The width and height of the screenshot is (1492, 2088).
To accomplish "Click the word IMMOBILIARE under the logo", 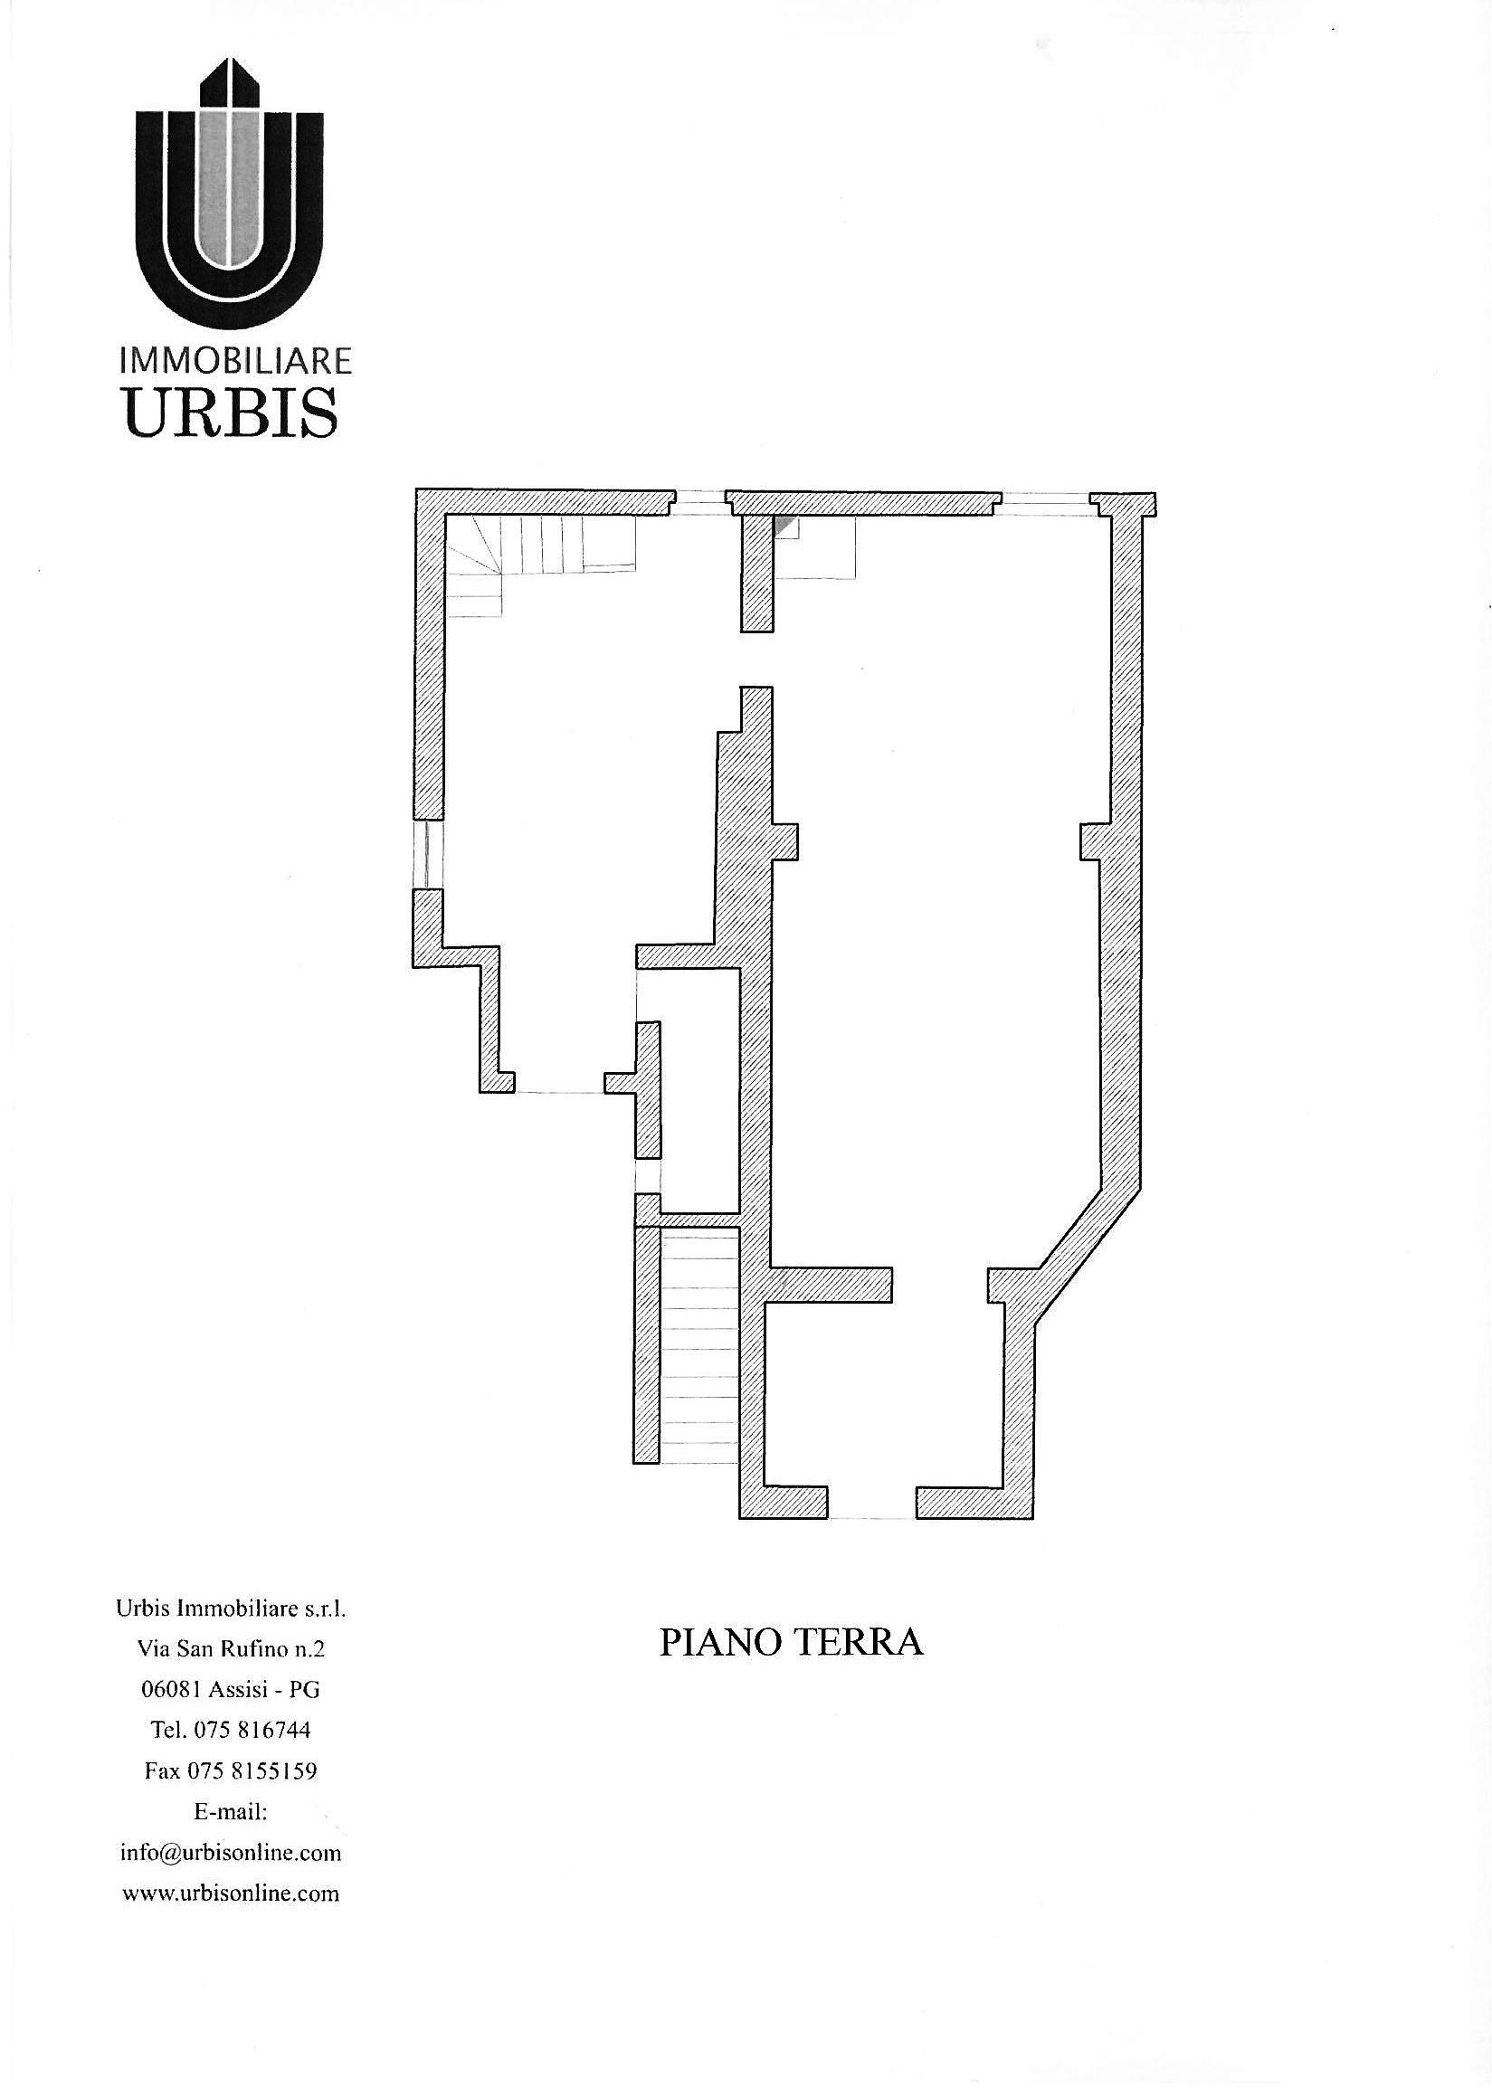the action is click(x=236, y=361).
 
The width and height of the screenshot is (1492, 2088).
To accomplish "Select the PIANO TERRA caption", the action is click(x=791, y=1643).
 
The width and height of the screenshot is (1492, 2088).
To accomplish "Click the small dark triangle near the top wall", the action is click(x=783, y=525).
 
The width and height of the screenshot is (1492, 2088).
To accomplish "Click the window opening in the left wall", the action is click(x=428, y=853).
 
